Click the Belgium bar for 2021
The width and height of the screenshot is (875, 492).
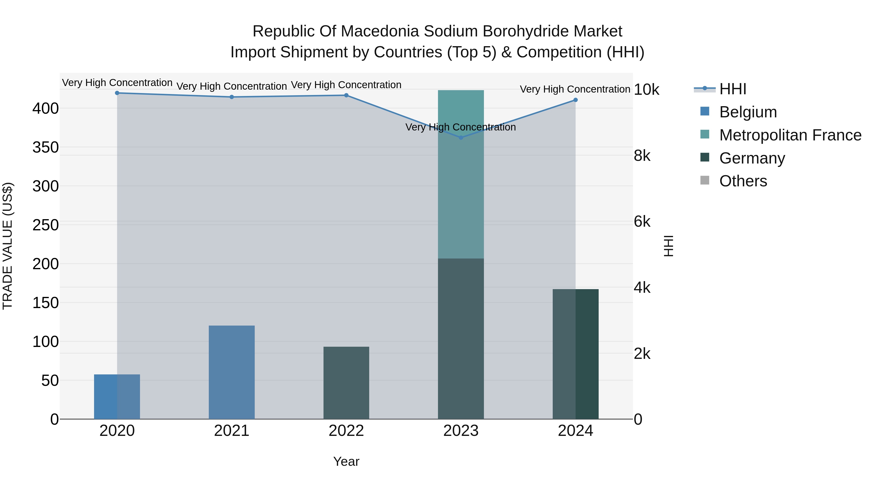tap(232, 372)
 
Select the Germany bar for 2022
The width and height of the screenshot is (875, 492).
tap(346, 383)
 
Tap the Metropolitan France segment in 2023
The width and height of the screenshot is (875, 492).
tap(461, 174)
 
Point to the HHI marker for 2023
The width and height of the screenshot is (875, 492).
tap(461, 138)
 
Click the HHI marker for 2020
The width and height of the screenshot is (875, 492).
tap(117, 93)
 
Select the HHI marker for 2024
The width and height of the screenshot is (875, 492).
tap(575, 100)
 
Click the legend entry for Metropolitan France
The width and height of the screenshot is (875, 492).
tap(790, 135)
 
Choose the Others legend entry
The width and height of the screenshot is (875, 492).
tap(743, 181)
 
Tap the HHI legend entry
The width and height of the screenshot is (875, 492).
tap(733, 89)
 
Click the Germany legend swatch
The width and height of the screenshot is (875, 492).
tap(705, 157)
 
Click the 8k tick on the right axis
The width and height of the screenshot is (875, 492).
tap(642, 156)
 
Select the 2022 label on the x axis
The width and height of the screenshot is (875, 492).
tap(346, 431)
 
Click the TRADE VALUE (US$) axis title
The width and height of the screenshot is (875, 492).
tap(8, 246)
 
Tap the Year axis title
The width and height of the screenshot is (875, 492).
tap(346, 461)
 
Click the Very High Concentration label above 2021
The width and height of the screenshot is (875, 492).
tap(232, 86)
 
